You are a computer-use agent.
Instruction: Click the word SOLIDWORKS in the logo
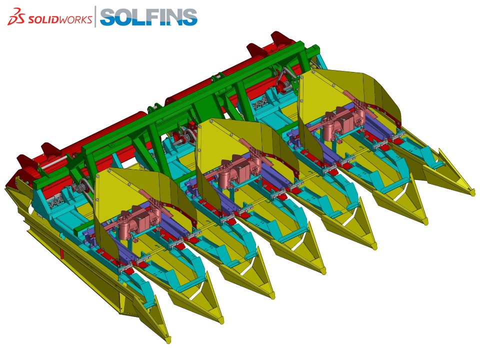pyautogui.click(x=59, y=19)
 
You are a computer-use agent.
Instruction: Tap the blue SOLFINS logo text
pyautogui.click(x=148, y=17)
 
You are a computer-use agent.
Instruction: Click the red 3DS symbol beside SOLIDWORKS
pyautogui.click(x=16, y=17)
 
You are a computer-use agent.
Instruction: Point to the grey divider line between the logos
pyautogui.click(x=95, y=16)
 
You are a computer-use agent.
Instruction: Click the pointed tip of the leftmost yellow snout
pyautogui.click(x=168, y=340)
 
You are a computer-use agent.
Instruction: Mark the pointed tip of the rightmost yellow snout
pyautogui.click(x=473, y=193)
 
